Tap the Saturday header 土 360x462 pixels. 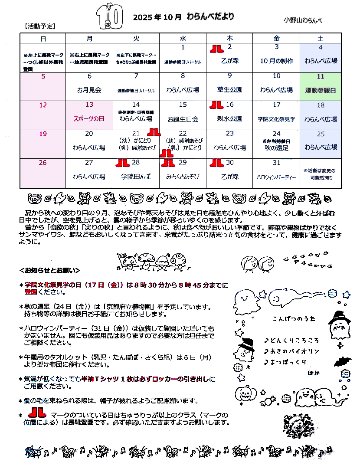click(x=321, y=38)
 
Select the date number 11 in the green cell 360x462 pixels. click(x=321, y=76)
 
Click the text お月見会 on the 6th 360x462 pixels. click(x=89, y=90)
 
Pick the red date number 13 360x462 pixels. click(x=89, y=105)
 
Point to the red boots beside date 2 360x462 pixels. click(x=216, y=48)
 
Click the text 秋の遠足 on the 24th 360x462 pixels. click(x=276, y=148)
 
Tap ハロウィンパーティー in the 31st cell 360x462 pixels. click(x=276, y=177)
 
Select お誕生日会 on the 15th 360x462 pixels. click(x=183, y=118)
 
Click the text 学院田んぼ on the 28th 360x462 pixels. click(x=136, y=177)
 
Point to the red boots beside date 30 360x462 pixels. click(x=216, y=163)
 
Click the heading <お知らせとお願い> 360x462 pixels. click(x=50, y=270)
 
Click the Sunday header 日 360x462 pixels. click(x=43, y=38)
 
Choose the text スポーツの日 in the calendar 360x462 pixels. click(x=89, y=118)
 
